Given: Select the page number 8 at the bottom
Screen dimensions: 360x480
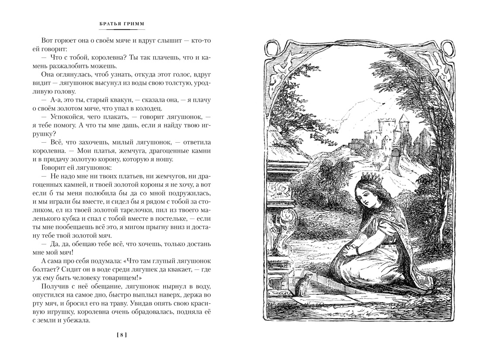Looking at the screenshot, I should pyautogui.click(x=122, y=335).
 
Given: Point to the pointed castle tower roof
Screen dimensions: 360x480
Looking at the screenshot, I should pyautogui.click(x=402, y=119).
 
